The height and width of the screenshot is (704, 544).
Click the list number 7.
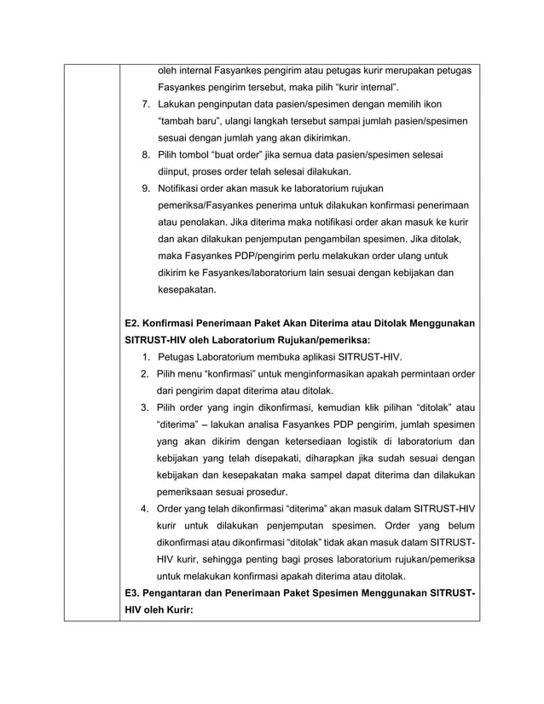click(146, 104)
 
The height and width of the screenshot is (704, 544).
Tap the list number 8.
click(146, 154)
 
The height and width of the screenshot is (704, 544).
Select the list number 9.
click(146, 188)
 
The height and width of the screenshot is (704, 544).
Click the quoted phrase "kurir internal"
click(362, 87)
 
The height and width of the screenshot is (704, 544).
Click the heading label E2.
click(133, 324)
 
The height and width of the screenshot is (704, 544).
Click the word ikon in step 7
click(454, 104)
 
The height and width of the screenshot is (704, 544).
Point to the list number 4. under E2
click(146, 509)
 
